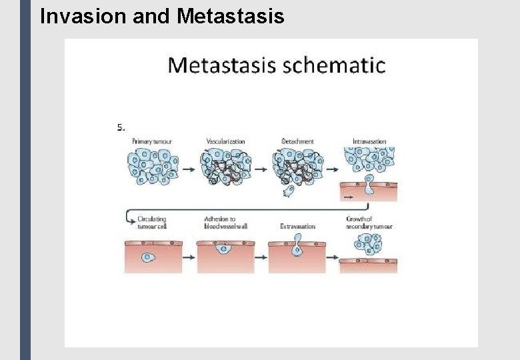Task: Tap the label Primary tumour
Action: tap(151, 141)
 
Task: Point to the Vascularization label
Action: tap(226, 141)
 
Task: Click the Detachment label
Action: tap(297, 141)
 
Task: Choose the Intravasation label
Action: tap(369, 141)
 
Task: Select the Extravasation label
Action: tap(298, 226)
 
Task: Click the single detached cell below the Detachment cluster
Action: tap(289, 191)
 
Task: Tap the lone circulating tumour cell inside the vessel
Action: tap(147, 257)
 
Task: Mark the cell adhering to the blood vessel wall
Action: tap(225, 249)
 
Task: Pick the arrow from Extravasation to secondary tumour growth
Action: tap(332, 255)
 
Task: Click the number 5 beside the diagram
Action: tap(120, 127)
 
